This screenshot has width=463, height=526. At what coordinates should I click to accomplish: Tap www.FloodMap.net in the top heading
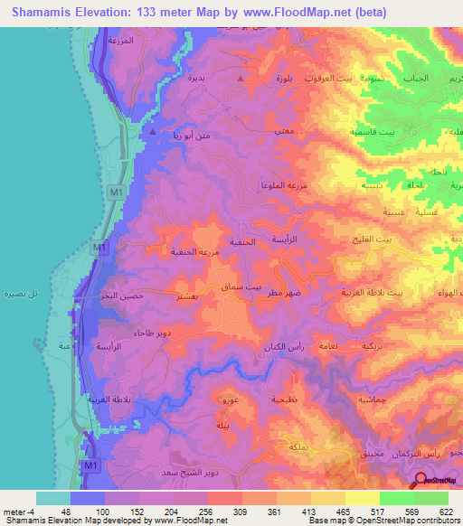coord(290,12)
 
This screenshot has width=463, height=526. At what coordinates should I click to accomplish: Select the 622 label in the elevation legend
coord(446,512)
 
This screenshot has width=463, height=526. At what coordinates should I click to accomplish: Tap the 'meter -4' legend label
coord(19,512)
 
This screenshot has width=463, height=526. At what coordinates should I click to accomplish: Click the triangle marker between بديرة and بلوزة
coord(240,80)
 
